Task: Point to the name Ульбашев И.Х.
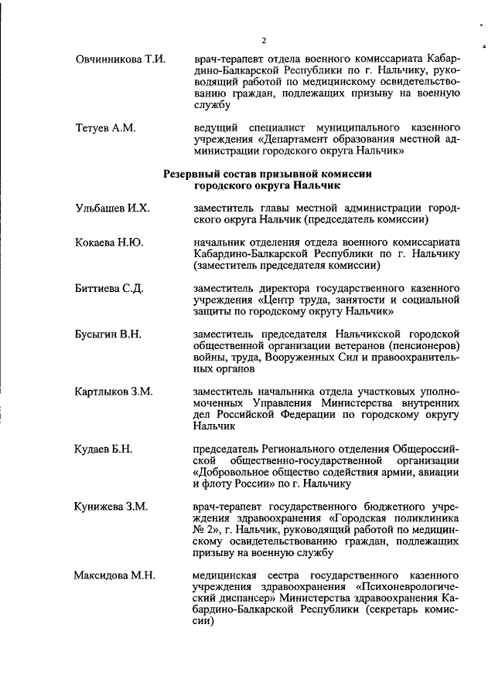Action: (x=112, y=209)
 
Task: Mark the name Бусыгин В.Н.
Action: (x=108, y=334)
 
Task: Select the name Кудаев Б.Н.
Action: (x=104, y=449)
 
